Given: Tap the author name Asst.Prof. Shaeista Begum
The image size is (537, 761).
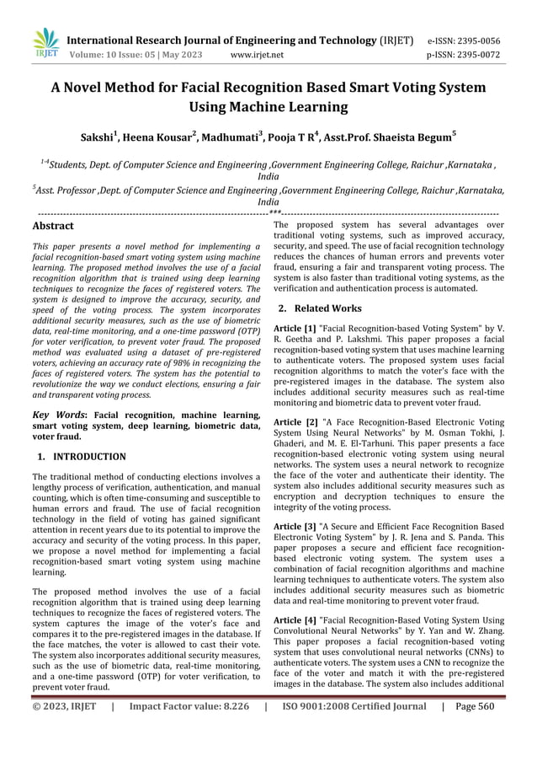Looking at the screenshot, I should (387, 136).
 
